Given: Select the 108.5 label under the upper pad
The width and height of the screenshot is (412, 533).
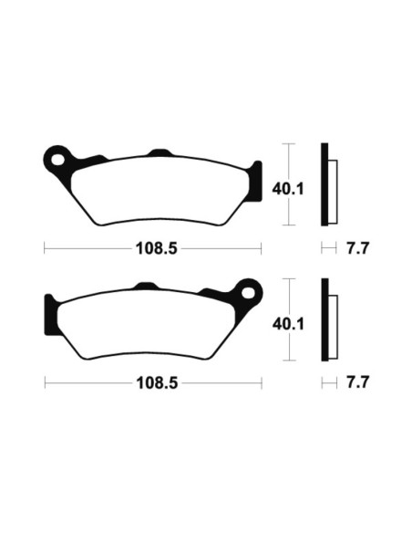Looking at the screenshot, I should (151, 248).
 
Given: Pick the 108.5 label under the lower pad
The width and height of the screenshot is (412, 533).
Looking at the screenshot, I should (151, 383).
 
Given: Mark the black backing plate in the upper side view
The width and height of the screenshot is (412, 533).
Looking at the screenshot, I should (324, 184).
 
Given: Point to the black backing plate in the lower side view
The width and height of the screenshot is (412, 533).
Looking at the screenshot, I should (324, 319).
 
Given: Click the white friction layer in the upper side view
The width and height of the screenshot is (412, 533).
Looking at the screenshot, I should (332, 189).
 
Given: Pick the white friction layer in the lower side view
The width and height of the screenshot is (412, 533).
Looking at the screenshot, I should (332, 324).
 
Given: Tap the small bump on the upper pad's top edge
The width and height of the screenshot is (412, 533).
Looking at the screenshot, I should (160, 152).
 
